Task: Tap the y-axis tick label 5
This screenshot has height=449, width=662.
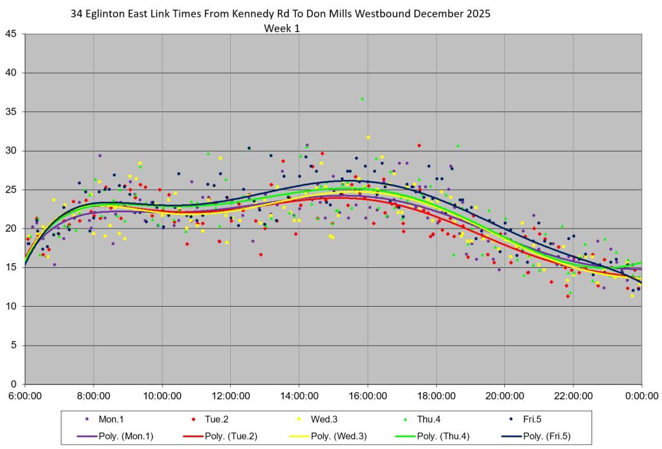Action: click(15, 345)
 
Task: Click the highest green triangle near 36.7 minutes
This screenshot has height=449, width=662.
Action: click(362, 98)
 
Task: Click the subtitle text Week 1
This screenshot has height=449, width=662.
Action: click(282, 28)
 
